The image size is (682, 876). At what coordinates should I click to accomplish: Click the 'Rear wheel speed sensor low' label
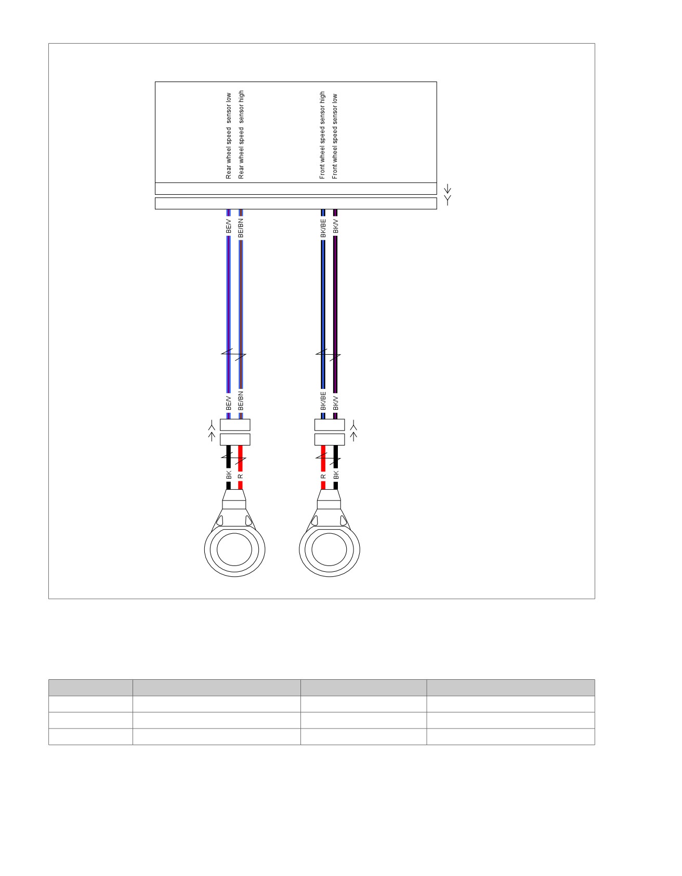229,136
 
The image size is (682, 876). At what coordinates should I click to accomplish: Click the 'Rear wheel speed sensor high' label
241,135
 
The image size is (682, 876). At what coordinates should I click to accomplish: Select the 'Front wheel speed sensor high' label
322,135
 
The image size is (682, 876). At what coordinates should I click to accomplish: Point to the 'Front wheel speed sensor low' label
335,136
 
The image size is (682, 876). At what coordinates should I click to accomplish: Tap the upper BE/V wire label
229,226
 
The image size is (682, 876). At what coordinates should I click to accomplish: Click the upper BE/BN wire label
241,228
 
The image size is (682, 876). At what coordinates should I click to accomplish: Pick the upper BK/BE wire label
323,228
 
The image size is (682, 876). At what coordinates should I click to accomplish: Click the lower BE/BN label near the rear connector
241,401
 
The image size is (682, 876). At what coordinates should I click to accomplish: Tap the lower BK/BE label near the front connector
323,401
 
